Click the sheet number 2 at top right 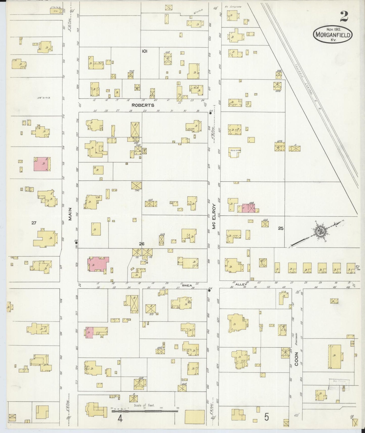click(x=344, y=17)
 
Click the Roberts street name click(x=143, y=105)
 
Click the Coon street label click(x=296, y=359)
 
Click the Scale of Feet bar click(x=145, y=411)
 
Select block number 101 click(x=144, y=51)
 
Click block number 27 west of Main click(x=34, y=223)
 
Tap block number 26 click(x=141, y=244)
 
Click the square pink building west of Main click(x=42, y=164)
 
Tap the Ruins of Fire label click(x=235, y=150)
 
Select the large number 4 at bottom click(x=120, y=419)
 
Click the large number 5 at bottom click(x=266, y=417)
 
